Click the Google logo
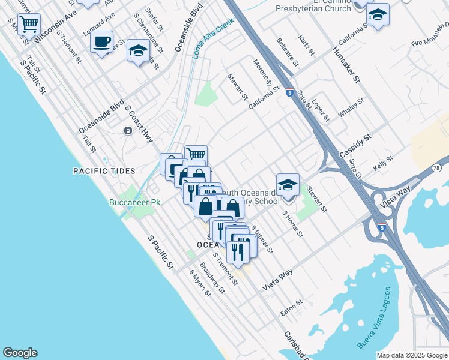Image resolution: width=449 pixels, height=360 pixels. [20, 353]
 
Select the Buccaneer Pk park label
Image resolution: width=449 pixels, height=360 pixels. [134, 203]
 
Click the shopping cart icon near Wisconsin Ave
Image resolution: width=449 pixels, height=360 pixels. [29, 25]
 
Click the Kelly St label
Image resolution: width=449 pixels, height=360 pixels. [382, 163]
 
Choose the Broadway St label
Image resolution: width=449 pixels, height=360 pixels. [212, 278]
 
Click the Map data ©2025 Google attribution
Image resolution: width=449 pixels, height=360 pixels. [412, 355]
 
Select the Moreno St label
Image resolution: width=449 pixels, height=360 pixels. [262, 73]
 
